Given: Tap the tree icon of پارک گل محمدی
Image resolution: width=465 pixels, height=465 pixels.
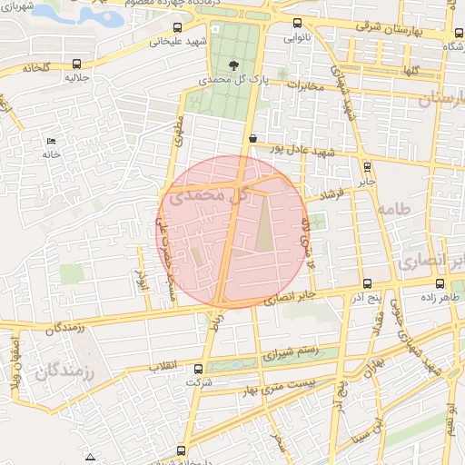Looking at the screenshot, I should coord(234,64).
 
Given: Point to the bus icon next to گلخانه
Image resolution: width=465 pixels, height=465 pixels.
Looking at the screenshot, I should coord(75,64).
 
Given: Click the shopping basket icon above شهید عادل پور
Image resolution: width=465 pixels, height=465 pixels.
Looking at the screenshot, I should coord(252,138).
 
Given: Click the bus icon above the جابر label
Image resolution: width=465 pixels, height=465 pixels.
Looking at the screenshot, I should coord(367,166).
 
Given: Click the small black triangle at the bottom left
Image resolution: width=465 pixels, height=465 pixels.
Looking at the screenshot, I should coord(89,455).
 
